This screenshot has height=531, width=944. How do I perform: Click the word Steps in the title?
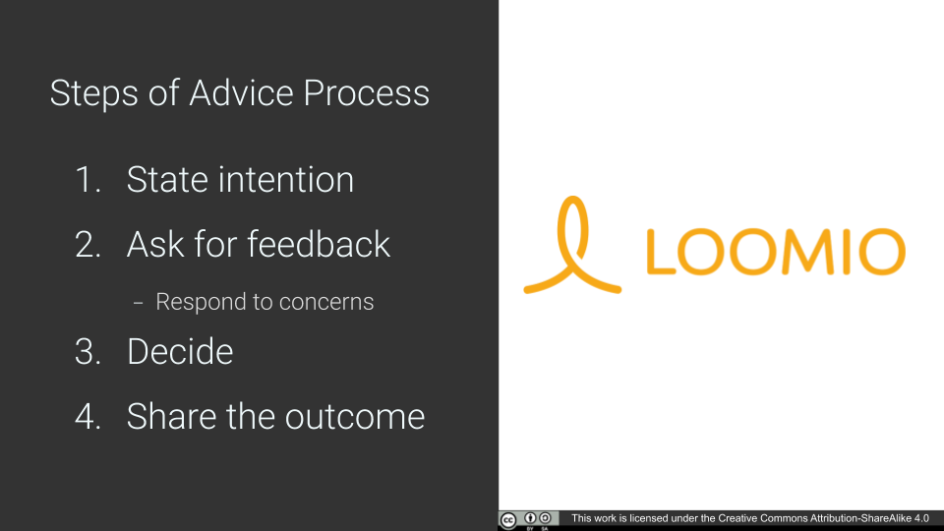tap(94, 94)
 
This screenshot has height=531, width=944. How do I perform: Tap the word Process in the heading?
tap(366, 92)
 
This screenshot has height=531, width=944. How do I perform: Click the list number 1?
tap(88, 179)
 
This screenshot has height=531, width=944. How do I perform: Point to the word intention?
tap(286, 179)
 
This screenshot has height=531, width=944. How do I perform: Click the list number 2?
tap(88, 245)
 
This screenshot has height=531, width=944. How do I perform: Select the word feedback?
tap(319, 244)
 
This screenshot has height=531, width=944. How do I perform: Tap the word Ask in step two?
tap(155, 245)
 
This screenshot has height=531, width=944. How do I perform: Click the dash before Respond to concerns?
tap(138, 303)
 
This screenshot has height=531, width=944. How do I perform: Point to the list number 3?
tap(88, 352)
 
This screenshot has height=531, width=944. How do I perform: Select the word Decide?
tap(179, 352)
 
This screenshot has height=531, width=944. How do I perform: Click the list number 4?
tap(88, 417)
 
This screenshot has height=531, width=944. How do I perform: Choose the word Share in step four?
tap(171, 416)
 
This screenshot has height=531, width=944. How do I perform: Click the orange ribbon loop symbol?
tap(572, 245)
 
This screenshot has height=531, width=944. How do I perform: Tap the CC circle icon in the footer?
tap(508, 520)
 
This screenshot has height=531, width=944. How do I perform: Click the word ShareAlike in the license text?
tap(886, 518)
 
